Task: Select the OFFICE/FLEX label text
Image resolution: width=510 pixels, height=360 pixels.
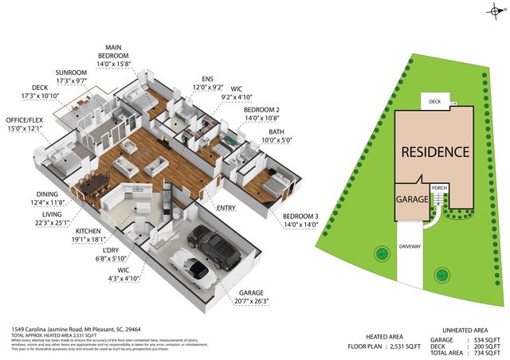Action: point(29,120)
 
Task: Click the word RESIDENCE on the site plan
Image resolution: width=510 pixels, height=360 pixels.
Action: point(434,151)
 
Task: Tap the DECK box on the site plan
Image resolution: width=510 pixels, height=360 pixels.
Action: point(435,101)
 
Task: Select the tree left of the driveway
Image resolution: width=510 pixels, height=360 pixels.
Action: point(381,255)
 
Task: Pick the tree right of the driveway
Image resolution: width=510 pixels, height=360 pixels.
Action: point(440,276)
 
